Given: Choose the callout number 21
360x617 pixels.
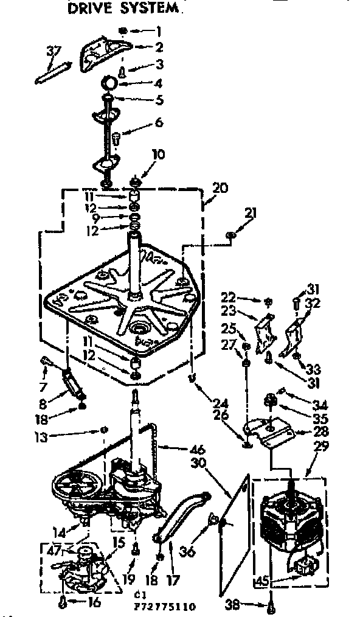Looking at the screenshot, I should click(252, 214).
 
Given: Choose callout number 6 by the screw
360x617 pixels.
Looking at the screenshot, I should click(159, 122).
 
